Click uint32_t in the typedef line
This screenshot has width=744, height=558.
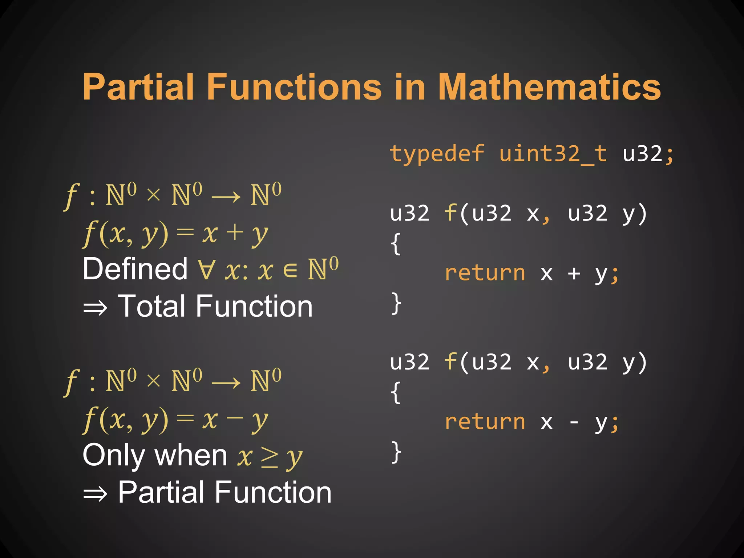tap(553, 154)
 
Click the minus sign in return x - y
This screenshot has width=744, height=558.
tap(574, 422)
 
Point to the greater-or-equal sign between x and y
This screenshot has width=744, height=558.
tap(269, 457)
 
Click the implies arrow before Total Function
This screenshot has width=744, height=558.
tap(95, 308)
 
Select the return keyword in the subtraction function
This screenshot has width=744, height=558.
tap(485, 422)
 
